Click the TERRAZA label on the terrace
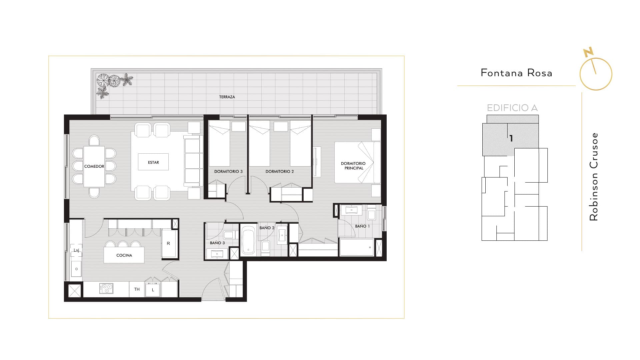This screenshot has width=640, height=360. tap(227, 97)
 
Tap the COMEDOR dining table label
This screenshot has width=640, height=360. tap(94, 166)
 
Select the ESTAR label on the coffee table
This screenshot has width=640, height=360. tap(153, 162)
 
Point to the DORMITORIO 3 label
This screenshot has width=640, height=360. tap(228, 171)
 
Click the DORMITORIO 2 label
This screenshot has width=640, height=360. tap(280, 171)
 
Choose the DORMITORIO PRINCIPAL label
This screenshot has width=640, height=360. tap(353, 166)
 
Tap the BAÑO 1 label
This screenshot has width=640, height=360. tap(362, 226)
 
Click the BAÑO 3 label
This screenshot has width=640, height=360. tap(217, 243)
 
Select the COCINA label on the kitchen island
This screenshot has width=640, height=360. tap(124, 255)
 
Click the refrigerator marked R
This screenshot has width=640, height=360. tap(168, 244)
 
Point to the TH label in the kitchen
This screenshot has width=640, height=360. tap(137, 289)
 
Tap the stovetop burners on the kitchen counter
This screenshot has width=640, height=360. tap(106, 288)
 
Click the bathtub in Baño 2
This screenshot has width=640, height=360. tap(248, 240)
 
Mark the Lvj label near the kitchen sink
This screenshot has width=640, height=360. tap(76, 250)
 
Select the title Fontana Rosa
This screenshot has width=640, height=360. tap(516, 73)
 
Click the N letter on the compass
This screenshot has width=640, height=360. tap(588, 52)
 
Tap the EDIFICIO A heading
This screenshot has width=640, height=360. tap(512, 108)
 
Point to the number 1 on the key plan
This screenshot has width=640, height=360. tap(511, 138)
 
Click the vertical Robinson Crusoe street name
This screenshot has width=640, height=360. tap(594, 177)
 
